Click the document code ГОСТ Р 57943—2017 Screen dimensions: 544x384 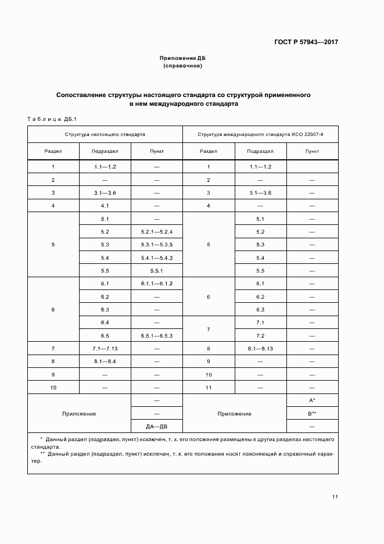click(x=306, y=42)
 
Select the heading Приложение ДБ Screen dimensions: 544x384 click(x=183, y=59)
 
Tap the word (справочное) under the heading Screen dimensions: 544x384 click(x=183, y=66)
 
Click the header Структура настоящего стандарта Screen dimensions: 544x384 click(x=105, y=134)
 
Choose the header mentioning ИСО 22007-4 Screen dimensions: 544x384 click(x=260, y=134)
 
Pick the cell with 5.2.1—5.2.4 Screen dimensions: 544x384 click(x=157, y=232)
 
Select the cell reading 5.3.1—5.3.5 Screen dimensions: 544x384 click(x=157, y=245)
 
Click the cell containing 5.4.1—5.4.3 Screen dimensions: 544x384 click(x=157, y=258)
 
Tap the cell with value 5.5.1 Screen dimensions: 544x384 click(x=157, y=271)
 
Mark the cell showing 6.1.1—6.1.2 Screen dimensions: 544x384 click(x=157, y=284)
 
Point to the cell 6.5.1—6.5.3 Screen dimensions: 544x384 click(x=157, y=336)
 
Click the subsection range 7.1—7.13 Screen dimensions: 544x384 click(x=105, y=349)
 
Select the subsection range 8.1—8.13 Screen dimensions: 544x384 click(x=260, y=349)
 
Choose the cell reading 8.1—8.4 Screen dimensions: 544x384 click(x=105, y=362)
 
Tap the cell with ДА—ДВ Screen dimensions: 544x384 click(x=157, y=426)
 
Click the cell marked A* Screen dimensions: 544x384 click(x=312, y=401)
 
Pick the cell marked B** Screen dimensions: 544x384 click(x=312, y=414)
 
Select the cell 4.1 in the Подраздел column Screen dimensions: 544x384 click(x=105, y=206)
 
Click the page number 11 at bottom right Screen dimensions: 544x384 click(x=335, y=496)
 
